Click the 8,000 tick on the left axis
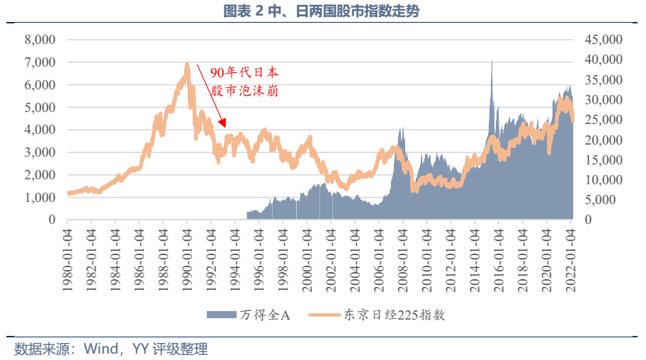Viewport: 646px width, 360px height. [x=40, y=40]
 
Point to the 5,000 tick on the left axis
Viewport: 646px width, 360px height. [x=40, y=107]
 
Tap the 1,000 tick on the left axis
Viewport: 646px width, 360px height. [x=40, y=198]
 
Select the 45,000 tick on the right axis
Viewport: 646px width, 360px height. [x=601, y=40]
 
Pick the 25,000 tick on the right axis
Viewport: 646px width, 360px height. [x=601, y=120]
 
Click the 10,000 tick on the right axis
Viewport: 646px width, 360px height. [x=601, y=180]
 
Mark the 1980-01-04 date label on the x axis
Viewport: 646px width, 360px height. [x=67, y=258]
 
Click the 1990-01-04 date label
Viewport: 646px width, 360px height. [x=187, y=258]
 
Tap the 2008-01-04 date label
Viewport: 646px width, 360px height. [x=402, y=258]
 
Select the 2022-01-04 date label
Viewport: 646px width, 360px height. [x=570, y=258]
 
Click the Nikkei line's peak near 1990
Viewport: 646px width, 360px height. [x=187, y=65]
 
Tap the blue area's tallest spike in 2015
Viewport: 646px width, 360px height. [x=492, y=60]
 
